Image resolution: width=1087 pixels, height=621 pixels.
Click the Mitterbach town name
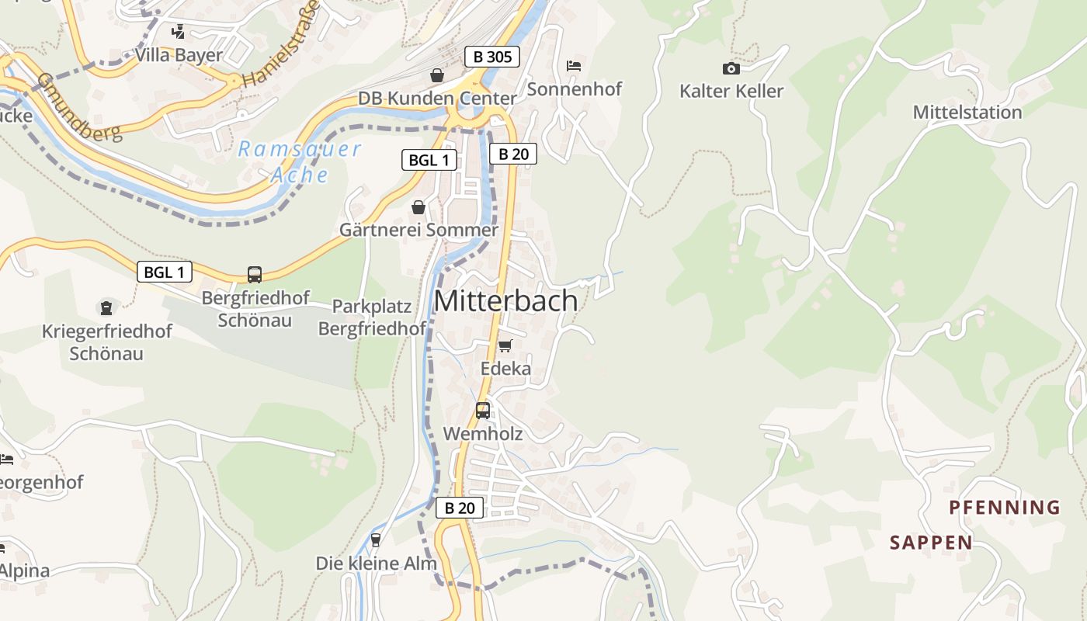(x=505, y=301)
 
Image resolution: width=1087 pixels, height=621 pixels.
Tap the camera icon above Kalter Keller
(x=731, y=68)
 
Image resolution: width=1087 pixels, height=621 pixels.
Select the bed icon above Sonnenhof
(x=574, y=66)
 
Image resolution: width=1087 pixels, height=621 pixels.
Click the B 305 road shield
(x=491, y=56)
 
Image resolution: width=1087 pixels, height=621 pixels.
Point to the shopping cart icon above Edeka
(x=505, y=345)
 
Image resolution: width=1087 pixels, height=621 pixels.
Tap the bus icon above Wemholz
(x=483, y=410)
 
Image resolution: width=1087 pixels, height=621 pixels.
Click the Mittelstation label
(x=967, y=112)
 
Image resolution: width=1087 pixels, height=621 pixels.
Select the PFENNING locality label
(x=1004, y=508)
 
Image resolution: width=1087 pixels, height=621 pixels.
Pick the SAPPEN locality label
(x=931, y=542)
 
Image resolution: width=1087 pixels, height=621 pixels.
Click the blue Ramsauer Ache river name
(x=300, y=161)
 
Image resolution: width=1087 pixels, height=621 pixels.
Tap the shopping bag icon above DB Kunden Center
(x=437, y=75)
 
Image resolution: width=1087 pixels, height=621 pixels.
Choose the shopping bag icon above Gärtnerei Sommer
(x=418, y=207)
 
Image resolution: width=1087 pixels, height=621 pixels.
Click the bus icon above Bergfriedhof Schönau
(x=255, y=274)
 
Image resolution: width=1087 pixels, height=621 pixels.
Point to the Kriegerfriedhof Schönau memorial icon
(x=106, y=308)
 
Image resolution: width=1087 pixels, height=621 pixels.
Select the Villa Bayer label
(x=179, y=55)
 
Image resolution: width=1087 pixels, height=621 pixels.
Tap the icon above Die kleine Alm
(x=376, y=539)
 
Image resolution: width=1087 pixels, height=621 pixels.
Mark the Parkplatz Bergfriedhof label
(x=372, y=317)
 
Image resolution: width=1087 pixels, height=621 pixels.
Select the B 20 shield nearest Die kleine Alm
(x=459, y=508)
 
